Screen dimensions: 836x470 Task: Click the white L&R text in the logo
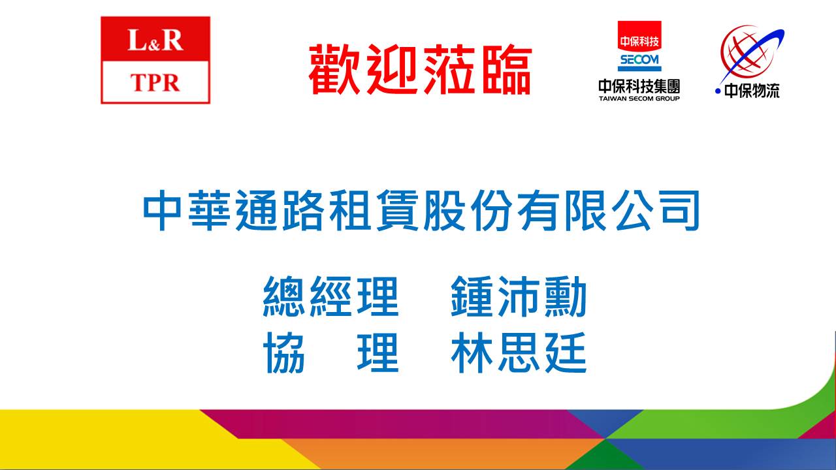point(155,40)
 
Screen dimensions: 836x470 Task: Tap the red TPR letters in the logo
point(155,82)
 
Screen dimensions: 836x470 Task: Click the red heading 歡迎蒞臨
point(420,69)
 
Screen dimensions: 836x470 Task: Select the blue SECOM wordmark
point(639,60)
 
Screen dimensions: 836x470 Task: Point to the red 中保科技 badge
point(639,36)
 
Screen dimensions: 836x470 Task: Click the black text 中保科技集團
point(639,86)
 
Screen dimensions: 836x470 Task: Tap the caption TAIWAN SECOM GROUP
point(639,99)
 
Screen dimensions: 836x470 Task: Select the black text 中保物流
point(752,91)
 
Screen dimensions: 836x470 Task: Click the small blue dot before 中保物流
point(718,91)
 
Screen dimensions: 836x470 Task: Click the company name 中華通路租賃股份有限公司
point(421,210)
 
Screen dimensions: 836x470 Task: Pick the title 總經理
point(331,296)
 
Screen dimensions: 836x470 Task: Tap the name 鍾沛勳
point(519,296)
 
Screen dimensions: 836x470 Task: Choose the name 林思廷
point(519,352)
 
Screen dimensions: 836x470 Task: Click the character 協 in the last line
point(284,352)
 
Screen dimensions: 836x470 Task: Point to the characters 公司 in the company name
point(658,210)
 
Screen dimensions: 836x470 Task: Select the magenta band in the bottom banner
point(403,424)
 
